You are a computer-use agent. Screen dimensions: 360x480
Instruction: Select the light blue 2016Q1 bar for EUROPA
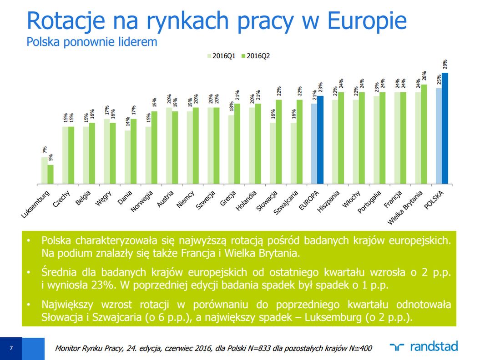click(x=314, y=144)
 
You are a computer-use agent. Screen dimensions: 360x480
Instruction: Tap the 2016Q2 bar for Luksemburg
click(x=51, y=175)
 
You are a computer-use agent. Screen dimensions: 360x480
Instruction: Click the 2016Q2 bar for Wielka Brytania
click(x=424, y=134)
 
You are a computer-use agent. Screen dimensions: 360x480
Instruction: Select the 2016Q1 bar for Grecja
click(x=231, y=150)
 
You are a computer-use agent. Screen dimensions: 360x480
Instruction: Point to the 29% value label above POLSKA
click(x=445, y=64)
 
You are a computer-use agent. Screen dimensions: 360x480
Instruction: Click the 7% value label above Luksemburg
click(x=45, y=150)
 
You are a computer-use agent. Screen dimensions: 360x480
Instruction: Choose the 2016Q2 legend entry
click(x=256, y=56)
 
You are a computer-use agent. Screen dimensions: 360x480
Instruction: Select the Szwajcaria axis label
click(x=286, y=203)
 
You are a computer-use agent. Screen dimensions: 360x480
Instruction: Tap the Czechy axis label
click(x=61, y=198)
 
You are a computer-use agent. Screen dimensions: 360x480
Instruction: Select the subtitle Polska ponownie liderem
click(x=92, y=42)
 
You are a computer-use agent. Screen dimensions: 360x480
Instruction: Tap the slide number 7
click(x=10, y=349)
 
